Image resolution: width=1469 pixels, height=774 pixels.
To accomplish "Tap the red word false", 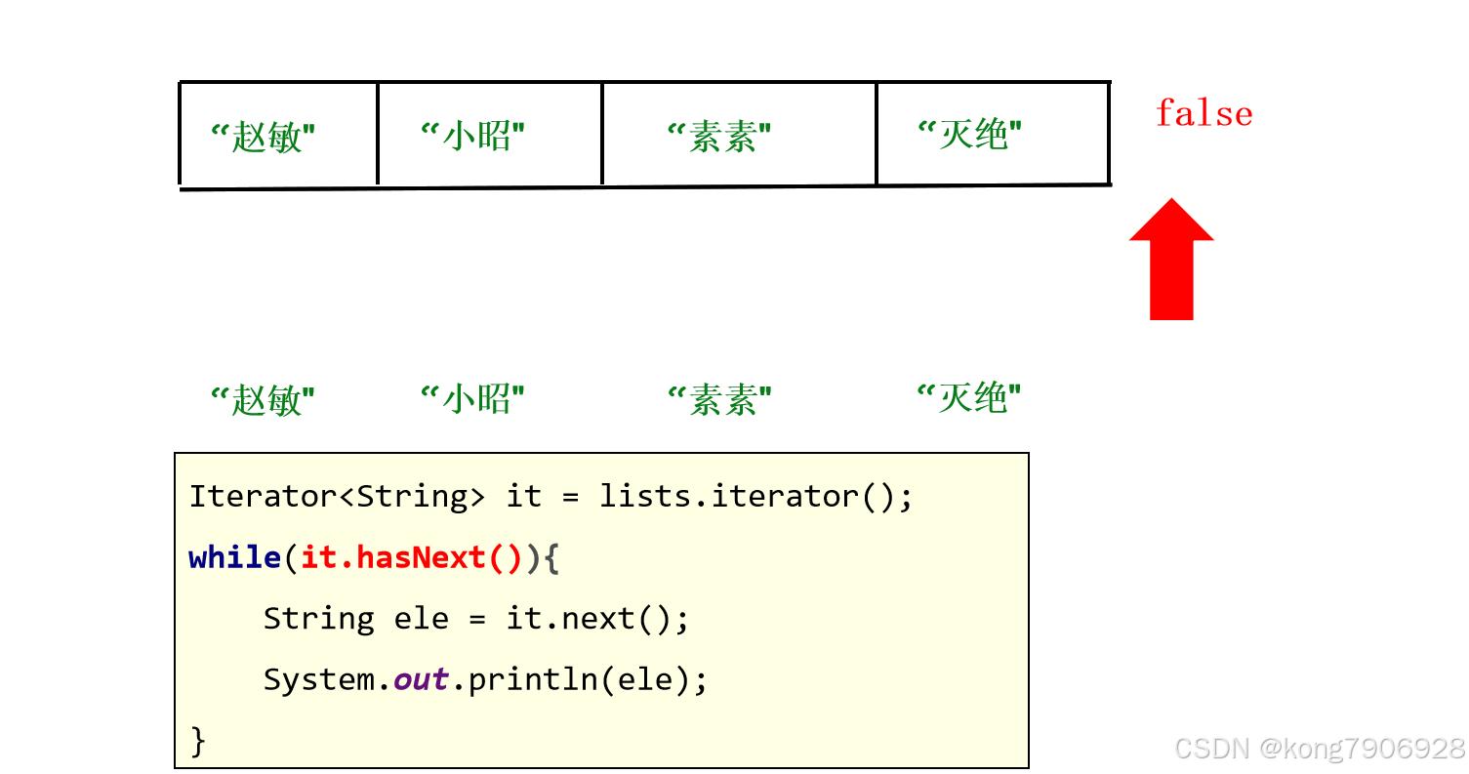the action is [1204, 113].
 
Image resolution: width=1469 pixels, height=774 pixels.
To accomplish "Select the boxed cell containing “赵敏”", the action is [278, 135].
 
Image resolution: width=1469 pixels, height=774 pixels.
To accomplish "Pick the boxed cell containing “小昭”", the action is [489, 135].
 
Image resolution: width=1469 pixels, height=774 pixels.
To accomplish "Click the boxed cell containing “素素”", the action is [739, 135].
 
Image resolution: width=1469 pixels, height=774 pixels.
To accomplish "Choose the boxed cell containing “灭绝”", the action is [993, 135].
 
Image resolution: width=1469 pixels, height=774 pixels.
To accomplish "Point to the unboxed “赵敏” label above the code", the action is [264, 398].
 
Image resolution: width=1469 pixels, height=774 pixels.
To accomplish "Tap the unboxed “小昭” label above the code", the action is [473, 398].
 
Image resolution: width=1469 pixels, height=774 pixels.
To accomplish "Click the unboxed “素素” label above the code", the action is [720, 398].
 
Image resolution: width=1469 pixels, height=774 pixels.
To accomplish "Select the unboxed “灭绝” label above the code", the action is [969, 398].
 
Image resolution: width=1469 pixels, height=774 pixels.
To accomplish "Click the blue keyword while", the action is [234, 557].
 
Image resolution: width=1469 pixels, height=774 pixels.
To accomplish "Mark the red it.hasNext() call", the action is [412, 557].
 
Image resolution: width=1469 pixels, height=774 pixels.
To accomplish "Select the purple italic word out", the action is [421, 679].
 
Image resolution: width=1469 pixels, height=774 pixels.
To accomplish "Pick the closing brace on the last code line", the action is [198, 740].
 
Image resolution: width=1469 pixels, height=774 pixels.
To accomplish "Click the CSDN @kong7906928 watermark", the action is [1320, 749].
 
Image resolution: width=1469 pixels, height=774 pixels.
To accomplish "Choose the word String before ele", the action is [319, 619].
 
